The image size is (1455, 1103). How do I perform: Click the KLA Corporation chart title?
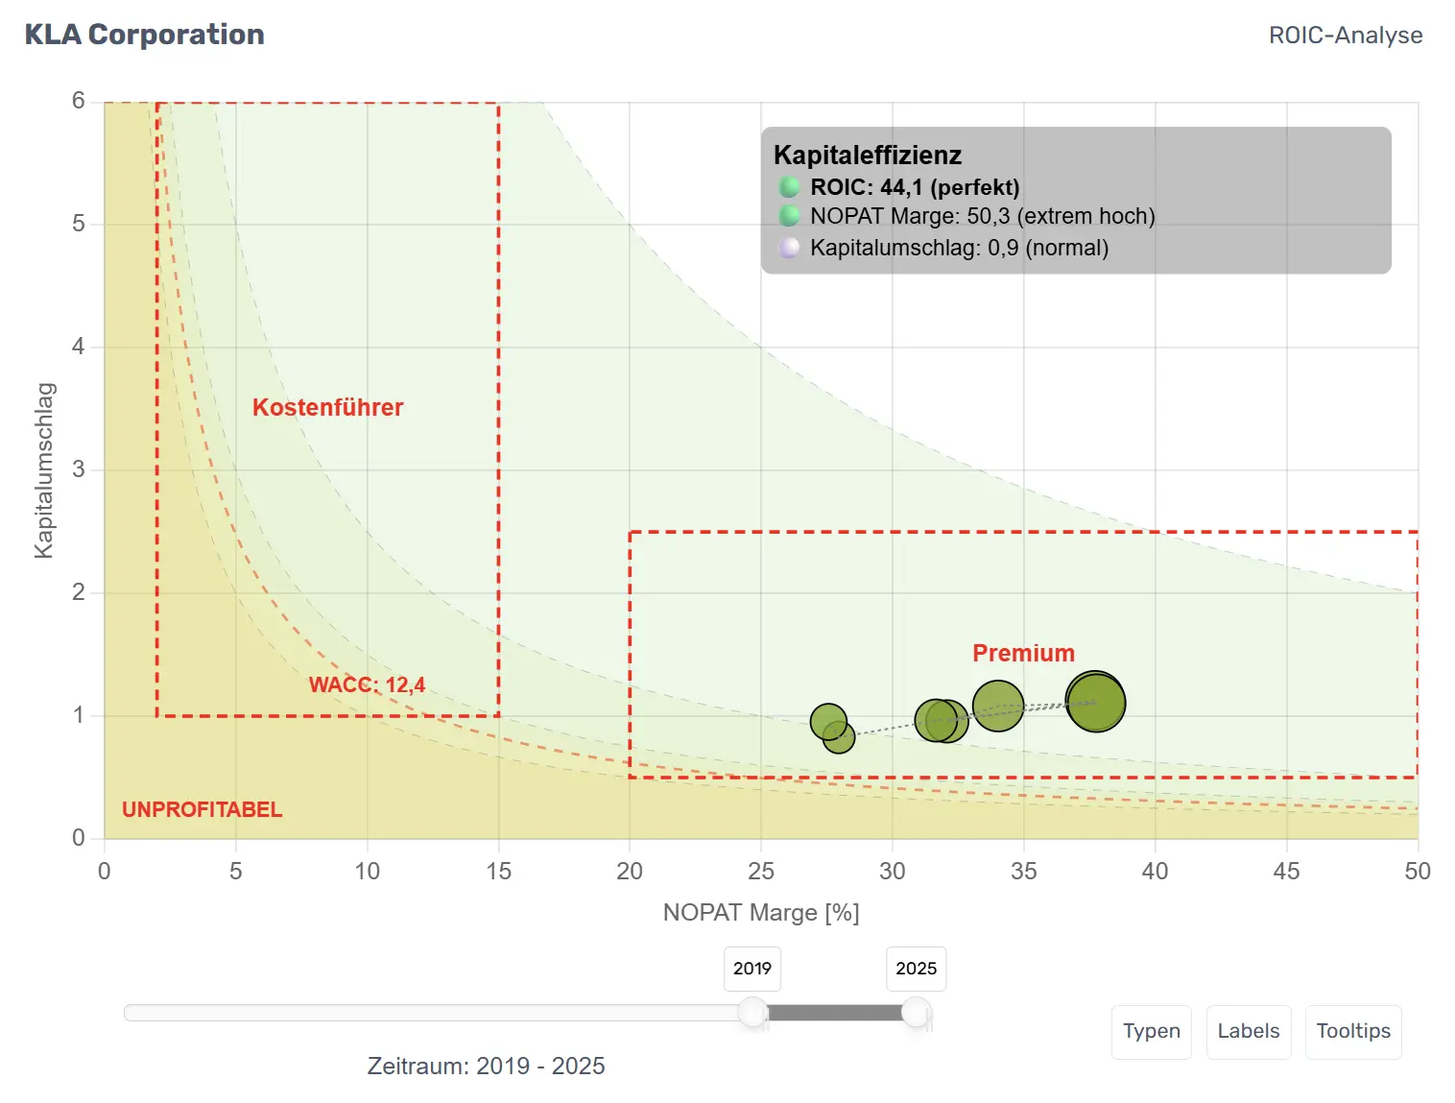pyautogui.click(x=144, y=35)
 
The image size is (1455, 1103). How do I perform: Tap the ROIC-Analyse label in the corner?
pyautogui.click(x=1345, y=36)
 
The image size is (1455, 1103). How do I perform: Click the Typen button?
pyautogui.click(x=1151, y=1031)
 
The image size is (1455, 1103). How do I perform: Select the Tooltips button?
pyautogui.click(x=1352, y=1031)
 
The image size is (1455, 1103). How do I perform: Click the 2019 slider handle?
pyautogui.click(x=752, y=1011)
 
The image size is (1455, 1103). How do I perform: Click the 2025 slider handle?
pyautogui.click(x=917, y=1011)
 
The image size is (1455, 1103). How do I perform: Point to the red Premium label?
pyautogui.click(x=1023, y=653)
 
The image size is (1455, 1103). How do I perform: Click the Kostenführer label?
pyautogui.click(x=327, y=407)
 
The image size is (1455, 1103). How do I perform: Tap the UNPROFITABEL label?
pyautogui.click(x=202, y=809)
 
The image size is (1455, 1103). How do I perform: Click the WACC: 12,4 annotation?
pyautogui.click(x=367, y=684)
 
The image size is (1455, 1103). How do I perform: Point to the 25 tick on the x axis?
pyautogui.click(x=761, y=871)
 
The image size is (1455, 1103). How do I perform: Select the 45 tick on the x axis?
pyautogui.click(x=1286, y=871)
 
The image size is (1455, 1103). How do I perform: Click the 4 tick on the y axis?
pyautogui.click(x=79, y=347)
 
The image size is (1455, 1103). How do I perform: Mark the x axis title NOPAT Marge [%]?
pyautogui.click(x=761, y=912)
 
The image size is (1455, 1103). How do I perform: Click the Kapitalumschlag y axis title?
pyautogui.click(x=44, y=469)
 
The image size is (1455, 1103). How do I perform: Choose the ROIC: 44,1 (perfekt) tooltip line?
pyautogui.click(x=914, y=187)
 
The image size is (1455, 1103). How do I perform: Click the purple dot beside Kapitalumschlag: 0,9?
pyautogui.click(x=789, y=248)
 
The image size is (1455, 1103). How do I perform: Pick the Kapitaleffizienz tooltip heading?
pyautogui.click(x=868, y=156)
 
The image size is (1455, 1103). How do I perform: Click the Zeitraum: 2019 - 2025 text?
pyautogui.click(x=486, y=1066)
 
